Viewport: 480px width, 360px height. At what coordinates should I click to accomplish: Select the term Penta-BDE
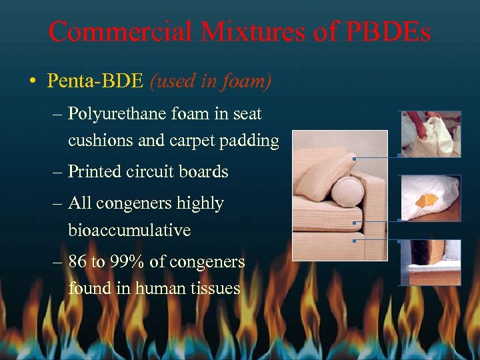coord(95,81)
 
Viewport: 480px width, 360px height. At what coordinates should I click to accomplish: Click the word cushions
coord(97,141)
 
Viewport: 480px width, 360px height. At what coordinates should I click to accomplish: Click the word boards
coord(204,172)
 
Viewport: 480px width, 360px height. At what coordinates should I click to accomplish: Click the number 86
coord(77,262)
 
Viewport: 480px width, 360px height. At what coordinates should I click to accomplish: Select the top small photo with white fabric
coord(431,133)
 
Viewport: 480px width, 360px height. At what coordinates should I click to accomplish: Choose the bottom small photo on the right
coord(431,263)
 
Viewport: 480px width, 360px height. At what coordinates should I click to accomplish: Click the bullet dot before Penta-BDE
coord(32,82)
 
